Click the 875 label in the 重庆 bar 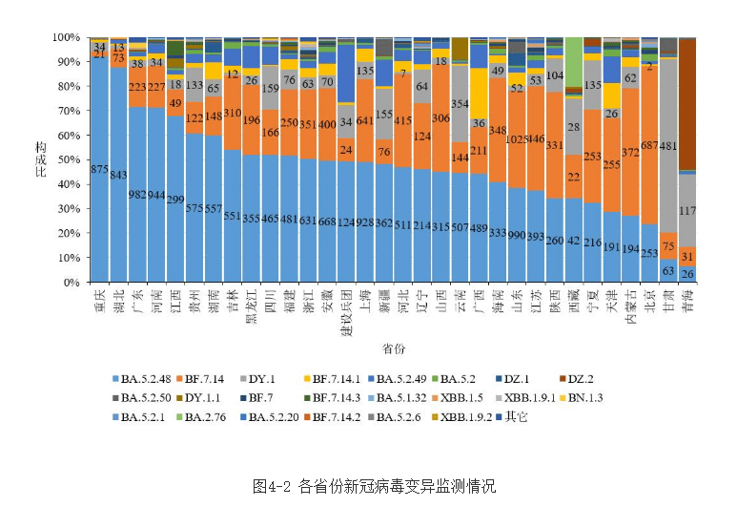pyautogui.click(x=98, y=169)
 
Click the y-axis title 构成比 pyautogui.click(x=40, y=159)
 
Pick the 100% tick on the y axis pyautogui.click(x=62, y=37)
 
